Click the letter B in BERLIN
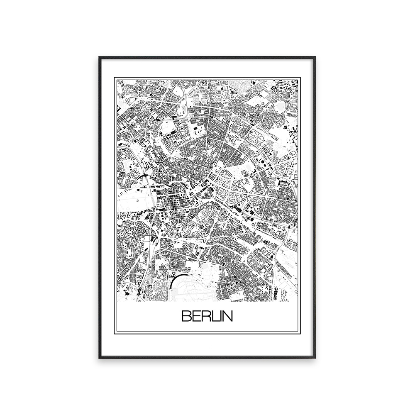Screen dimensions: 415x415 point(186,316)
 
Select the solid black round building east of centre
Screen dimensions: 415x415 point(209,190)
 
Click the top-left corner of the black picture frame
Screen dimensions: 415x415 point(100,57)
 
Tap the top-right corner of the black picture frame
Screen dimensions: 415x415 point(315,57)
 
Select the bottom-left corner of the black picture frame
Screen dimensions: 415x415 point(100,357)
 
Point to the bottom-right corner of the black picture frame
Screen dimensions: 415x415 point(315,357)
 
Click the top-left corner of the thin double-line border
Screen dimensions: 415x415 point(115,77)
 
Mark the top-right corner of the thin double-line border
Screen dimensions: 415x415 point(300,77)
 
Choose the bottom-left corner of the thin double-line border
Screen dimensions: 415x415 point(115,333)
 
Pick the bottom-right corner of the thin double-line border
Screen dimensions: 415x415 point(300,333)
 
